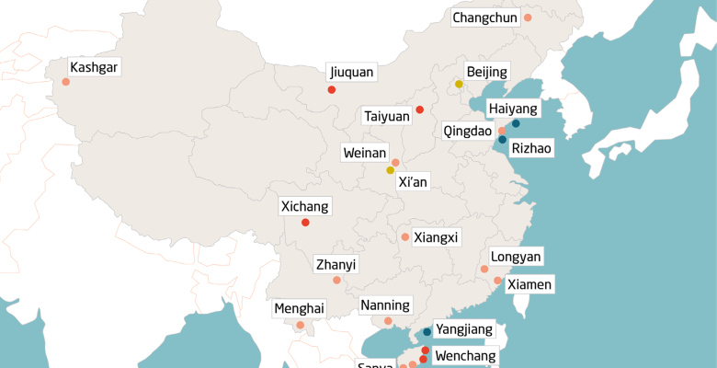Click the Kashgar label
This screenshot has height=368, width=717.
(95, 67)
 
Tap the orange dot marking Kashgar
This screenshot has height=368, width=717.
(66, 82)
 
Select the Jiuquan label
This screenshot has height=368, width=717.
(351, 72)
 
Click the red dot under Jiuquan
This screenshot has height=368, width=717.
(331, 89)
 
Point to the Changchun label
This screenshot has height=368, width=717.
(485, 17)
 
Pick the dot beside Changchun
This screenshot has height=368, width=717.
(528, 17)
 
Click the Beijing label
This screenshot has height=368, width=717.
(486, 72)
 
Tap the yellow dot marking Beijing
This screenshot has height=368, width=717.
(459, 84)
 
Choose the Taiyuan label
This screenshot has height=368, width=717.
(387, 116)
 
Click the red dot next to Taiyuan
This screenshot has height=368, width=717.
(419, 109)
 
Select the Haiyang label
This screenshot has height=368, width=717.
(512, 108)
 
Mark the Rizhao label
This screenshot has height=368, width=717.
(531, 147)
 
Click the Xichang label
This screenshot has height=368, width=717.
(303, 206)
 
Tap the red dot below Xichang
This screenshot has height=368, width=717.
(305, 222)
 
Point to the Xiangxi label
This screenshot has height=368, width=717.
(436, 237)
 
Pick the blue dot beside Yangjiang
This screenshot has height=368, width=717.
(427, 332)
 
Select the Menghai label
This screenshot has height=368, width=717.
(299, 308)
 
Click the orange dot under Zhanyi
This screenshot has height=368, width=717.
(336, 280)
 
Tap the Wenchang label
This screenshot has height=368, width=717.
(465, 355)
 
